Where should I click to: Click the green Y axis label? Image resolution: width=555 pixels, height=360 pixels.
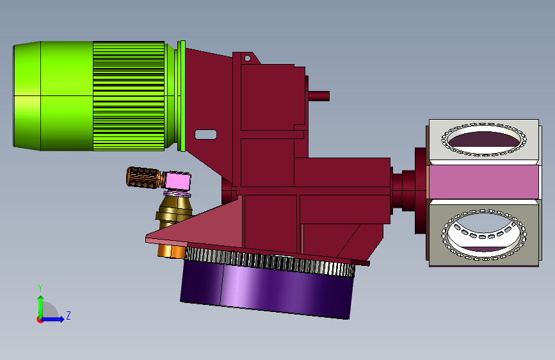click(x=40, y=288)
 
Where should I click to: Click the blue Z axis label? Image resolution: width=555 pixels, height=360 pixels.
click(x=68, y=315)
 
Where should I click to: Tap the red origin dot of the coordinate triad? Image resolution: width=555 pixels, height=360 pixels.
click(x=40, y=320)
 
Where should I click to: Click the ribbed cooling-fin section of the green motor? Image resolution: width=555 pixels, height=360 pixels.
click(x=129, y=96)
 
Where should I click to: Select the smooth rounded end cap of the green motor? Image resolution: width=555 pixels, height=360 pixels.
click(x=27, y=95)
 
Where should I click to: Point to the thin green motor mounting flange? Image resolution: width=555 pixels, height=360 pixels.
click(x=182, y=96)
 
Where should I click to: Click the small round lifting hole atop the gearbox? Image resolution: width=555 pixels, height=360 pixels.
click(x=248, y=58)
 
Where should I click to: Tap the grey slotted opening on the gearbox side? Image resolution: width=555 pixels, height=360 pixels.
click(x=205, y=135)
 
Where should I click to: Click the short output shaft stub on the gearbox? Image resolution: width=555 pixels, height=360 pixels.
click(x=319, y=96)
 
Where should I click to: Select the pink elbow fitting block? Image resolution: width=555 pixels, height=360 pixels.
click(x=178, y=181)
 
